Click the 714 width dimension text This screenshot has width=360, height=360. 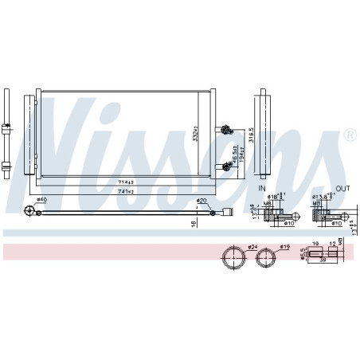(125, 183)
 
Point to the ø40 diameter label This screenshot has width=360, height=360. (42, 200)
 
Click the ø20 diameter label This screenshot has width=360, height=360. (202, 200)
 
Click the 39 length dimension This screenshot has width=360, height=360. (322, 259)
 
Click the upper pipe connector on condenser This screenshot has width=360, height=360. (228, 131)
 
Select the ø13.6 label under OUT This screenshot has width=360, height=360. (319, 198)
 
